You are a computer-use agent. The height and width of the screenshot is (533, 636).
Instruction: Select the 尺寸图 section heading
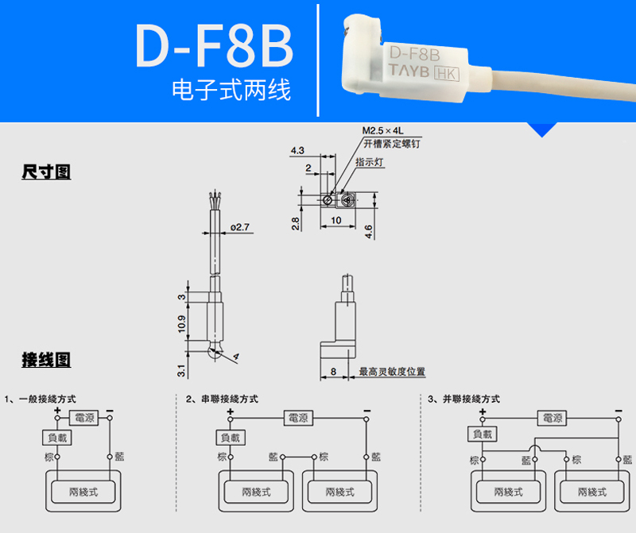click(46, 172)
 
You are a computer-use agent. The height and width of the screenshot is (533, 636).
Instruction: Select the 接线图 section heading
click(46, 360)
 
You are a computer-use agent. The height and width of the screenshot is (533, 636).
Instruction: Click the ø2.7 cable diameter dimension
click(239, 227)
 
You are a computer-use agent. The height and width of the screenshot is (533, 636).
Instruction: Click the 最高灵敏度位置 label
click(392, 371)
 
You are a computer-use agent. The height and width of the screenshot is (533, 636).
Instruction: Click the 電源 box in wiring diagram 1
click(83, 417)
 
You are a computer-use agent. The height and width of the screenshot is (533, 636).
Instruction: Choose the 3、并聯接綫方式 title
click(463, 399)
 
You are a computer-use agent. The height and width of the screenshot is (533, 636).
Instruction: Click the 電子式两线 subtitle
click(231, 91)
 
